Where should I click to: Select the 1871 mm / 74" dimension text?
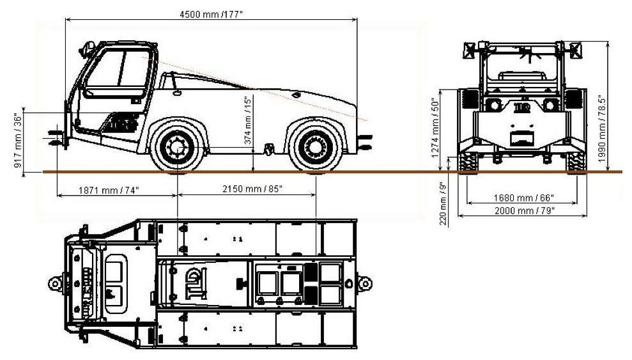[x=109, y=191]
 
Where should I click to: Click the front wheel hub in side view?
[x=176, y=148]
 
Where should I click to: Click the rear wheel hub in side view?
[x=315, y=148]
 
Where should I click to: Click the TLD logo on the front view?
[x=521, y=107]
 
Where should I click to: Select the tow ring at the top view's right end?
[x=366, y=281]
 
